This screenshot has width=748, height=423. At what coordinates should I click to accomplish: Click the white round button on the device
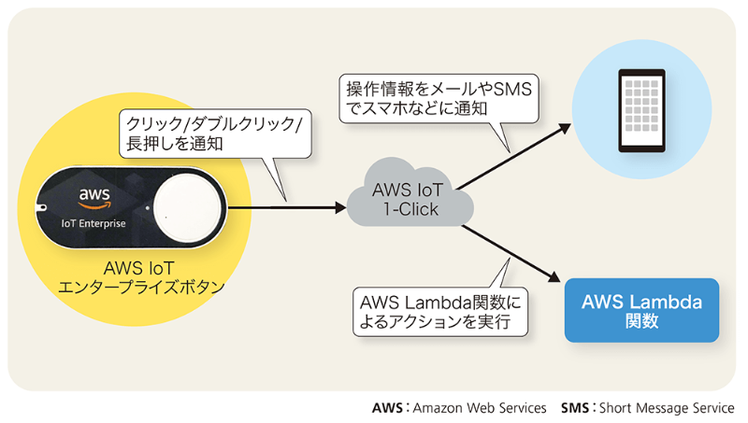(x=184, y=206)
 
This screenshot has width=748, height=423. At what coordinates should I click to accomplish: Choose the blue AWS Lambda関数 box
(x=641, y=311)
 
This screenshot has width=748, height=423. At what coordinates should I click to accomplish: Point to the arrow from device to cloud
(x=285, y=206)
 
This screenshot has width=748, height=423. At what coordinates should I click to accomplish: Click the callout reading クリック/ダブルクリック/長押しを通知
(x=215, y=135)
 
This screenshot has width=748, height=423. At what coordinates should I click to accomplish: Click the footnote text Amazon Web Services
(x=479, y=408)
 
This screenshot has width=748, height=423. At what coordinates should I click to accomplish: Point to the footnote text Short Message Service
(x=667, y=408)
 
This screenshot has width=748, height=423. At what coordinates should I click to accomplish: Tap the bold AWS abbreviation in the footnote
(x=387, y=408)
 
